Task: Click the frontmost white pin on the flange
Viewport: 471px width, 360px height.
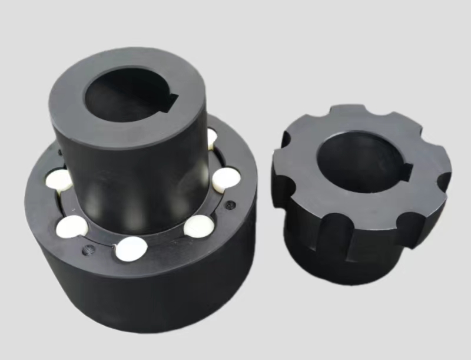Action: [x=131, y=248]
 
